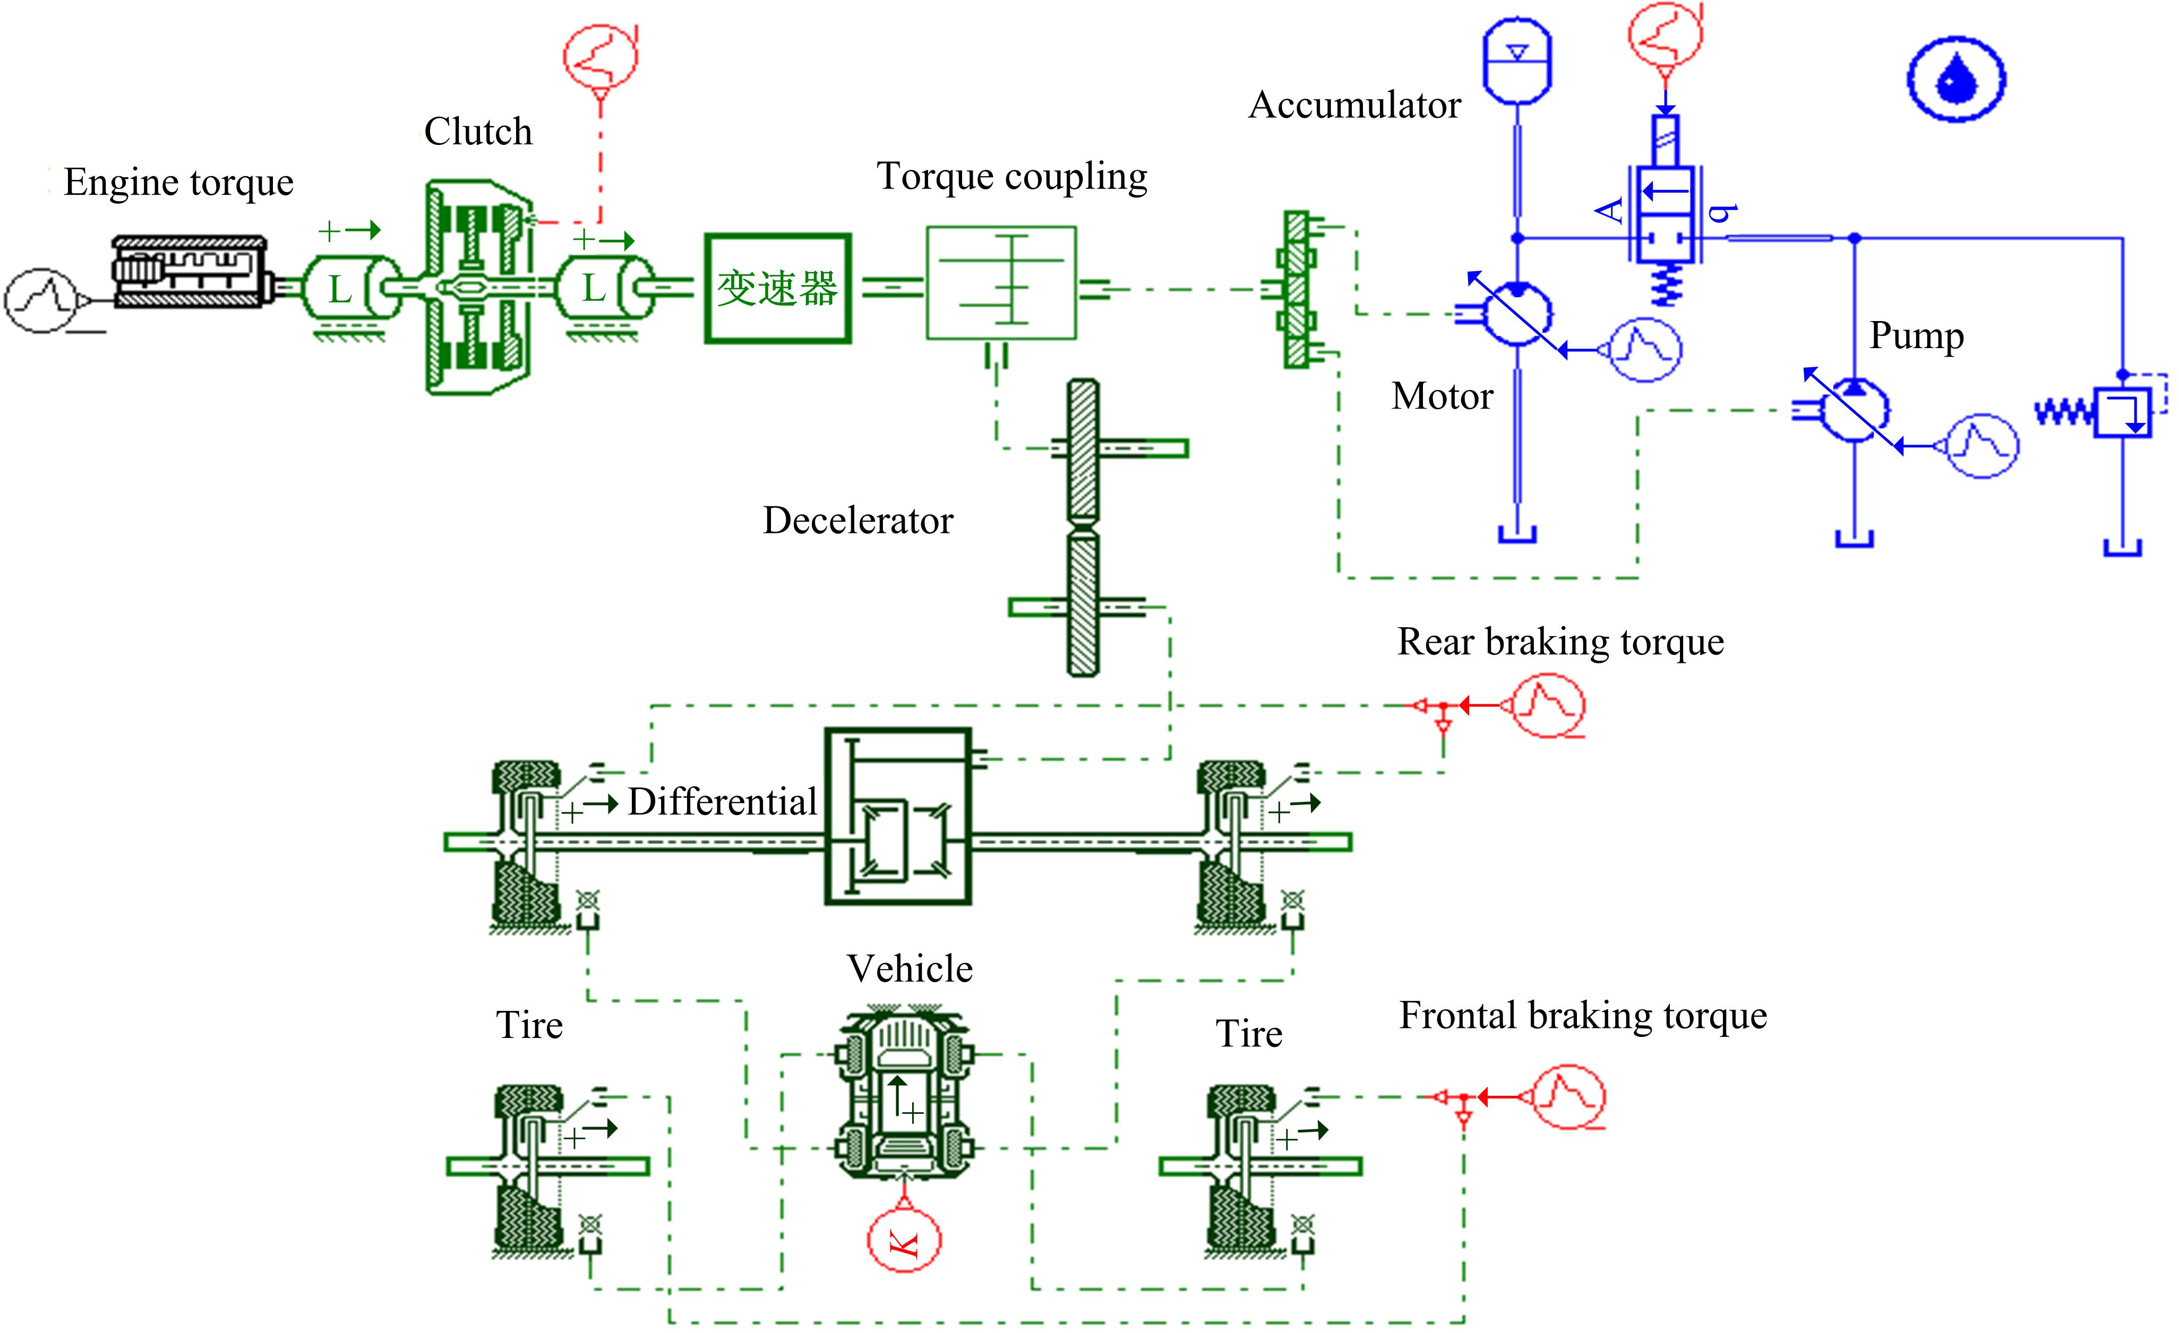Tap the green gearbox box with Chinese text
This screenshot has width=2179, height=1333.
click(777, 288)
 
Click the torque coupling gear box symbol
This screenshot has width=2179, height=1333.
click(1001, 283)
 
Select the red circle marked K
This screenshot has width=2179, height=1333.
click(904, 1241)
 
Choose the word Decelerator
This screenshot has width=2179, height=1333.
click(858, 521)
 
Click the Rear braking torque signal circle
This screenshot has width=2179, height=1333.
click(1548, 705)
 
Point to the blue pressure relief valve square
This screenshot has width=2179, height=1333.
click(2122, 412)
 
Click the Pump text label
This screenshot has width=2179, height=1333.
click(1916, 336)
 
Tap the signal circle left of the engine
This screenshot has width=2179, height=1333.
click(41, 300)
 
